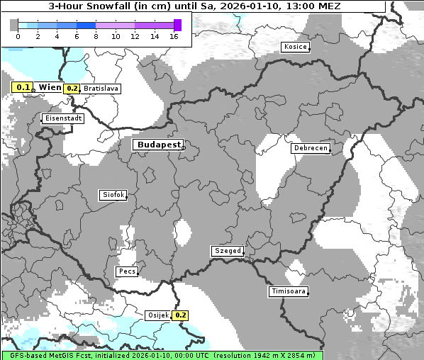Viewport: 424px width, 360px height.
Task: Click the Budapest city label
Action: (158, 144)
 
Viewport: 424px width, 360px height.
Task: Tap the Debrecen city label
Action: (310, 148)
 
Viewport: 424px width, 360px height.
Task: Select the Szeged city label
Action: (228, 251)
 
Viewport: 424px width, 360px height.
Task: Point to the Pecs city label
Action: (127, 271)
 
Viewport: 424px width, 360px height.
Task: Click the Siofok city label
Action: (113, 194)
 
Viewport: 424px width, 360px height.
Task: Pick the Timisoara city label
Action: (289, 291)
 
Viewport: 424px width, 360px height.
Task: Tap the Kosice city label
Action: (295, 47)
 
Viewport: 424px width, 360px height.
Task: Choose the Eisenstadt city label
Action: (63, 118)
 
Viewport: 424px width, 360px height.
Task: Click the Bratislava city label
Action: (101, 89)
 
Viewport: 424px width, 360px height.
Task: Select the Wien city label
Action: (50, 87)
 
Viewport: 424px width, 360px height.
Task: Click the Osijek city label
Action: (157, 315)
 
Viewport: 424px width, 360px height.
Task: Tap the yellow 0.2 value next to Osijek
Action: (180, 315)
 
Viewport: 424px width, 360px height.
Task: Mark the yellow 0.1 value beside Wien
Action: (23, 87)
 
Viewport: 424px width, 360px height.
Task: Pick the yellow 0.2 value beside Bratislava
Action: (72, 89)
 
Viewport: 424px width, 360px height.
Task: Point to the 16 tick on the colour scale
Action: (174, 36)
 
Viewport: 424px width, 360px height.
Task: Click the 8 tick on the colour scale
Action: (96, 36)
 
